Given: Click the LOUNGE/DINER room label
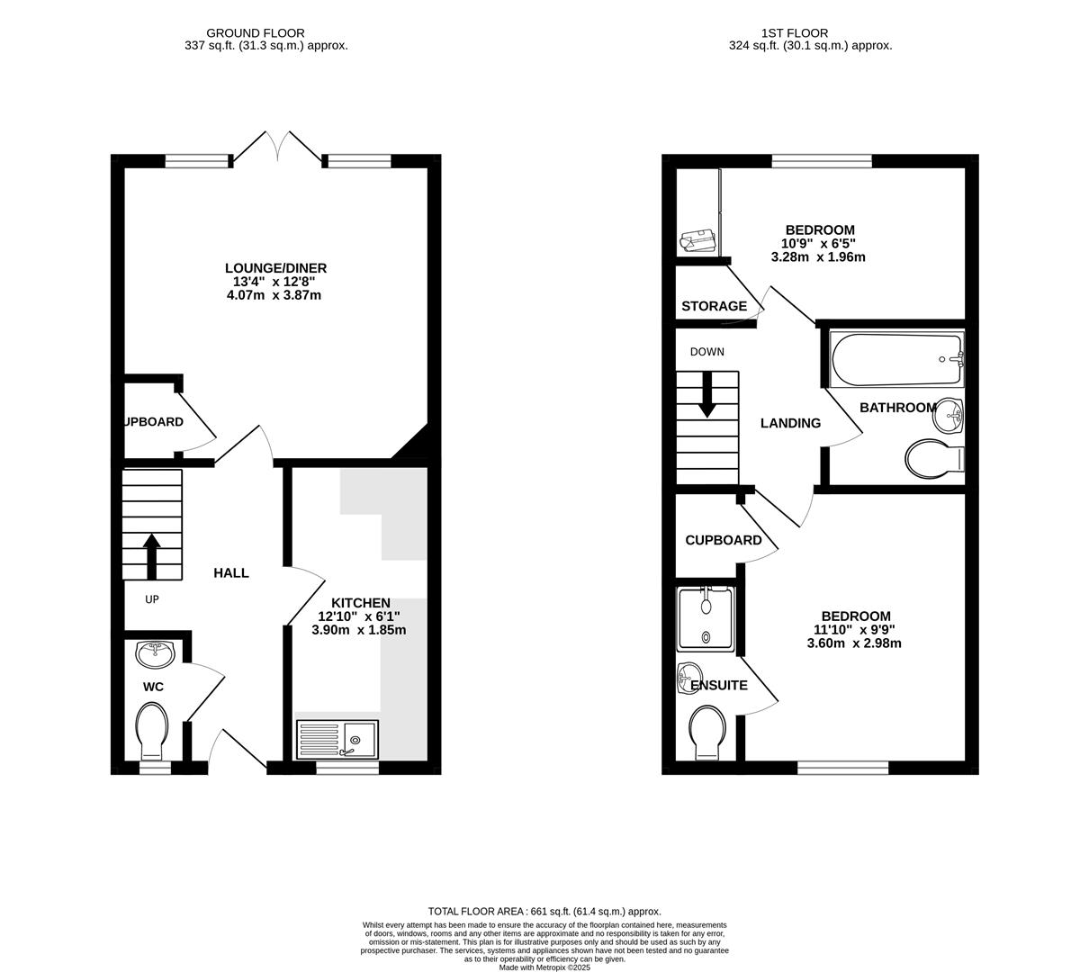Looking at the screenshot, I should point(275,268).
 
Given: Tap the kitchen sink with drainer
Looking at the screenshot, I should point(337,739).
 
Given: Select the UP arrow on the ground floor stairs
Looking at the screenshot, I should point(151,556).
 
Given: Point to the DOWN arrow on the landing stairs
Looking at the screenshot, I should point(707,394).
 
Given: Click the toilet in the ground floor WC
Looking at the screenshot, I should point(152,730).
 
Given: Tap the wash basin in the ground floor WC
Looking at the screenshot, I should point(156,654).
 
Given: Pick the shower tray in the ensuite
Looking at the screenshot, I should point(706,618).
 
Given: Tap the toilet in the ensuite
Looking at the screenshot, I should point(708,731).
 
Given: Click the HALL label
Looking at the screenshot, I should point(231,572).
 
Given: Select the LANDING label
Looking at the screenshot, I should point(790,423).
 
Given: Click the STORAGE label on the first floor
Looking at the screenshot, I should point(714,306).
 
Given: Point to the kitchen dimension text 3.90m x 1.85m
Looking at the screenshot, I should point(358,630).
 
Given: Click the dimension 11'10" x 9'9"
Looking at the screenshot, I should point(854,630).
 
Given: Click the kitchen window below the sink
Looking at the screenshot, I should point(346,768).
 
